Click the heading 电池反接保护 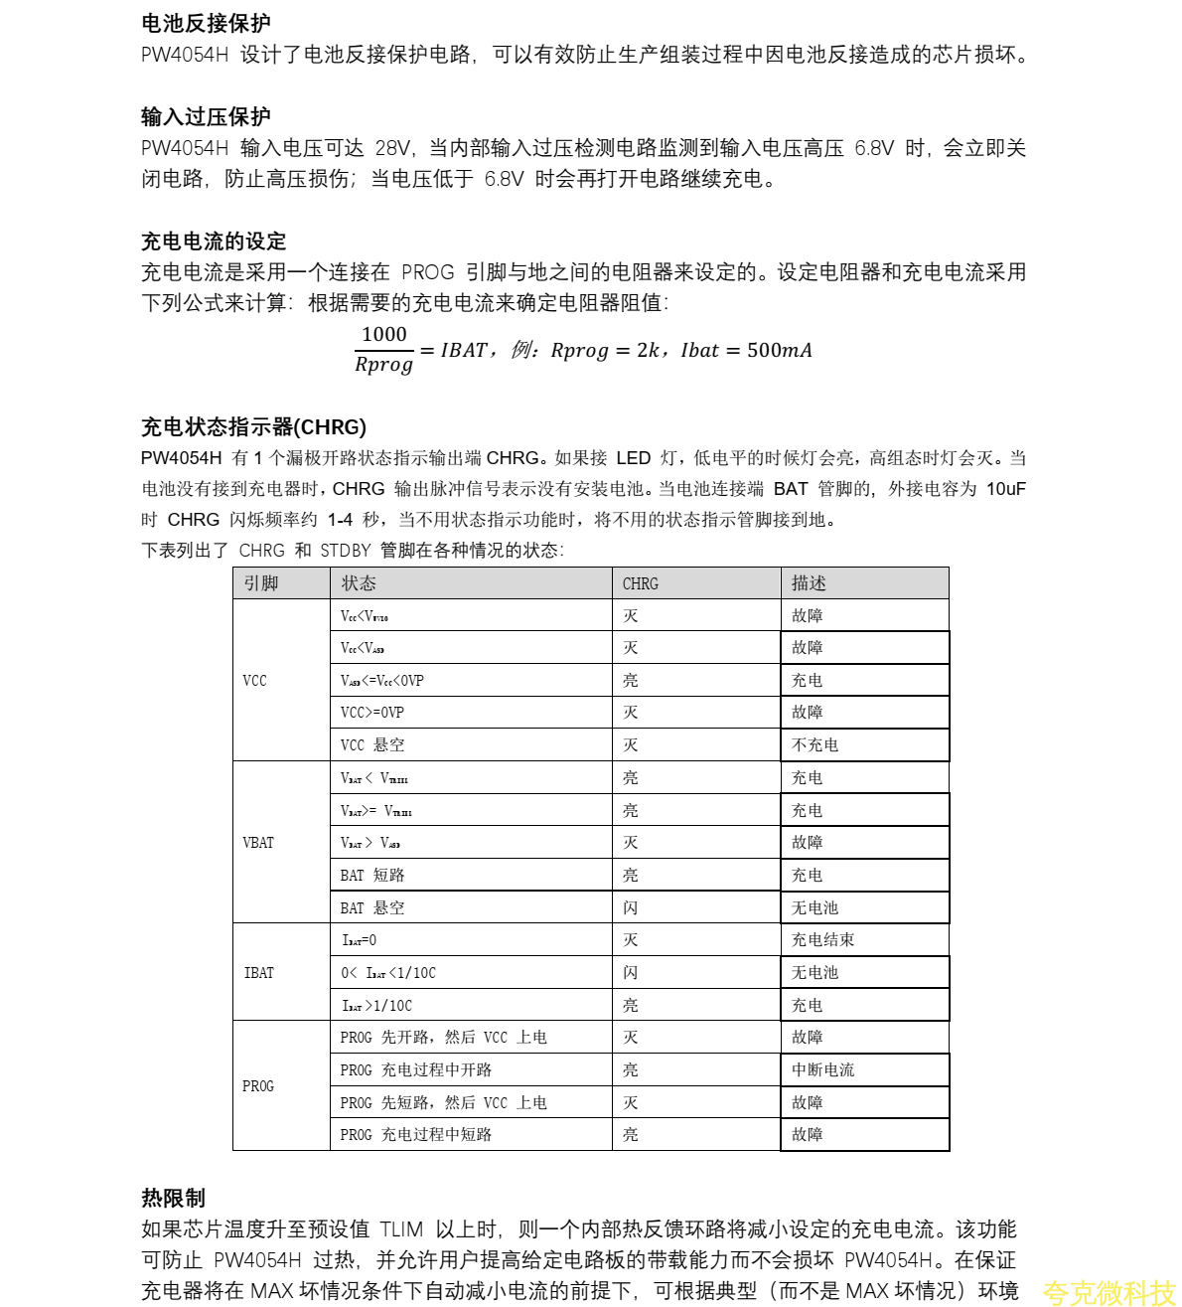point(206,23)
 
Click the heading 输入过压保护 point(206,117)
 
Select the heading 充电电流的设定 point(214,242)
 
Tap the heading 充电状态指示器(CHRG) point(253,427)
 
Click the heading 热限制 point(173,1198)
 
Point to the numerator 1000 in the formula point(383,335)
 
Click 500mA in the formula point(779,350)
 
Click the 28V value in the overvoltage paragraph point(392,149)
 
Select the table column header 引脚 point(261,583)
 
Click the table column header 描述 point(809,583)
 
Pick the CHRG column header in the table point(640,583)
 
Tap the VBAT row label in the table point(258,843)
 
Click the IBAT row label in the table point(258,973)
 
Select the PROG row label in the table point(257,1086)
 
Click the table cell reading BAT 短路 point(372,876)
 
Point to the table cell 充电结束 point(822,940)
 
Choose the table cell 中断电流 point(822,1070)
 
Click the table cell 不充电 point(814,745)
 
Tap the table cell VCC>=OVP point(372,713)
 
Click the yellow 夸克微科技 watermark point(1108,1292)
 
